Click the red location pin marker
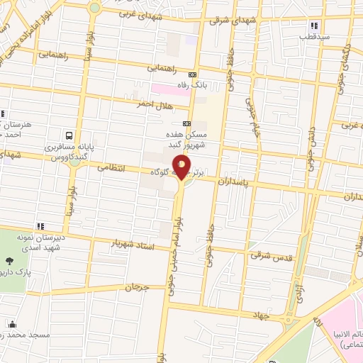pos(181,167)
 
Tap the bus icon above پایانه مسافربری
pos(69,135)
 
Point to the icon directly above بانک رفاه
pos(192,74)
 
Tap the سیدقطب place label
pos(311,36)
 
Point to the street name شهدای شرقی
pos(229,21)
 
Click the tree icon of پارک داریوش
pos(7,259)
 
